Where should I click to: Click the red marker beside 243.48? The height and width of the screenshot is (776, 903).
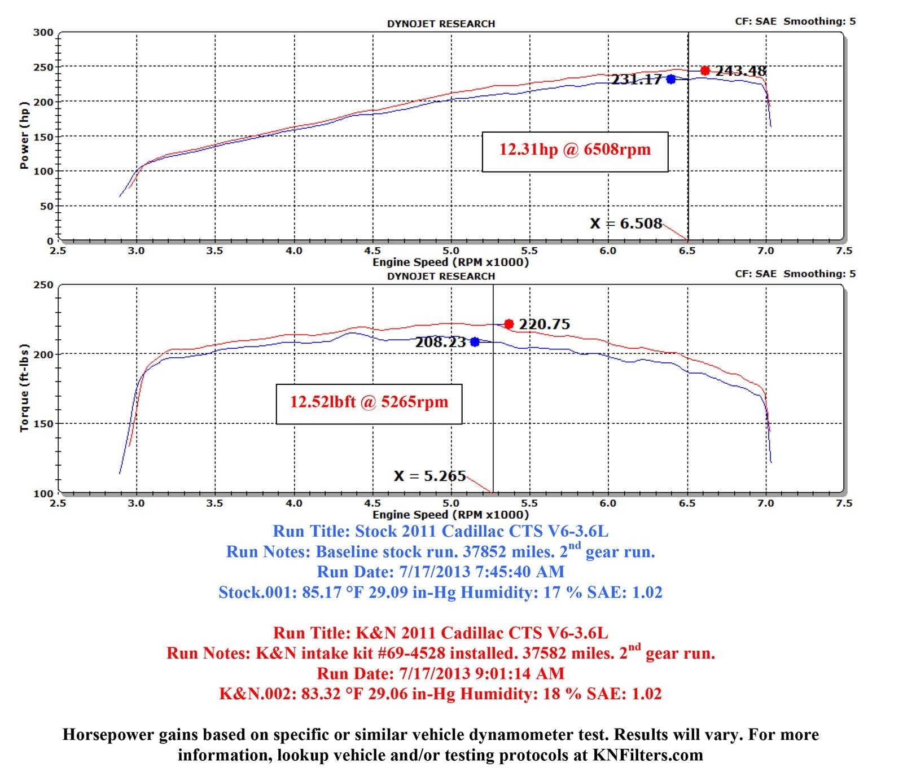(x=705, y=71)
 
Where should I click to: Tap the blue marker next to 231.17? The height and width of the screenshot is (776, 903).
(x=670, y=79)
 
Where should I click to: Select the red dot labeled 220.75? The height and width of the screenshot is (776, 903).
(x=509, y=324)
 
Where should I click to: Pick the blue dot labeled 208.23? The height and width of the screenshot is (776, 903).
(x=475, y=342)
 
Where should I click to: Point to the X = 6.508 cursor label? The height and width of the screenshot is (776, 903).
(x=626, y=223)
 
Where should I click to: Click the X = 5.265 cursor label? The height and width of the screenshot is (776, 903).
(x=429, y=476)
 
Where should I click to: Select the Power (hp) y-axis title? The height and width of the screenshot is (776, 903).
(x=24, y=135)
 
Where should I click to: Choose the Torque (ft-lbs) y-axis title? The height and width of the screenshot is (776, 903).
(x=24, y=387)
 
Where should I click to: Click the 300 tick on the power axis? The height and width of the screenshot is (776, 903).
(x=43, y=33)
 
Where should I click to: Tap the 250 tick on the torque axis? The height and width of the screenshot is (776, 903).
(x=43, y=285)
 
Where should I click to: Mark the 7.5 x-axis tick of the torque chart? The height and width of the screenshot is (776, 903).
(x=844, y=503)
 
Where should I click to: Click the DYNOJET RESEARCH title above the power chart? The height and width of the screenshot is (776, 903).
(x=441, y=24)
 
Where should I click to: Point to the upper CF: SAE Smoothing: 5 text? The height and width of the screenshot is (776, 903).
(x=795, y=21)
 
